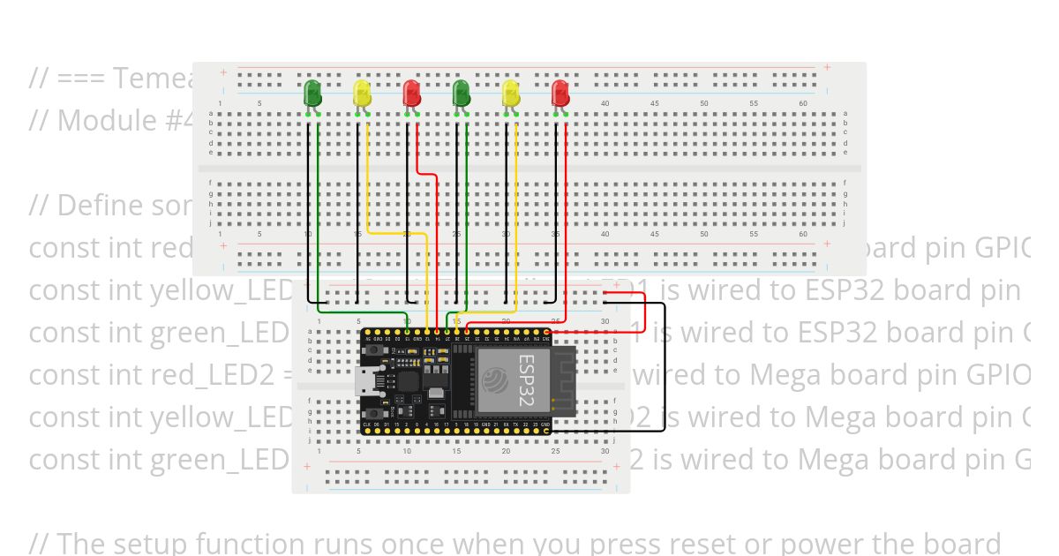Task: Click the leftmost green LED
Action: (x=312, y=93)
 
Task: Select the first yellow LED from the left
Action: (x=362, y=93)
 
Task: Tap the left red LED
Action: (x=411, y=93)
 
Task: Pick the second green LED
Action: (x=461, y=93)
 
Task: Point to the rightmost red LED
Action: (x=560, y=93)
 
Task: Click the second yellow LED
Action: (x=510, y=93)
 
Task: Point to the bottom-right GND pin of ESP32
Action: (x=547, y=425)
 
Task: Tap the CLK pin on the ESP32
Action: (x=367, y=425)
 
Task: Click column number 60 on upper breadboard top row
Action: (x=802, y=104)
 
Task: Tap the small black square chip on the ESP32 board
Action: (x=408, y=381)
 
